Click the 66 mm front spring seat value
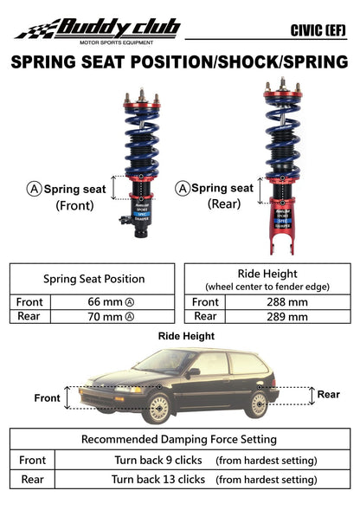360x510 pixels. [111, 302]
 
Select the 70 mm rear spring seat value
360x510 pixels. [111, 317]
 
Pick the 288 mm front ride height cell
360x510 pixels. [287, 302]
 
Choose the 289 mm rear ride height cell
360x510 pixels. [287, 317]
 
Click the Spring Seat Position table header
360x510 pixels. [93, 279]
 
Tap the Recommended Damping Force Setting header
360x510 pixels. [179, 439]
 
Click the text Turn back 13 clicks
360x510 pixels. [158, 478]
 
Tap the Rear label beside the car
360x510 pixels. [328, 394]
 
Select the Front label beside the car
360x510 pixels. [48, 398]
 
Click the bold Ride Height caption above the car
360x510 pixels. [186, 336]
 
